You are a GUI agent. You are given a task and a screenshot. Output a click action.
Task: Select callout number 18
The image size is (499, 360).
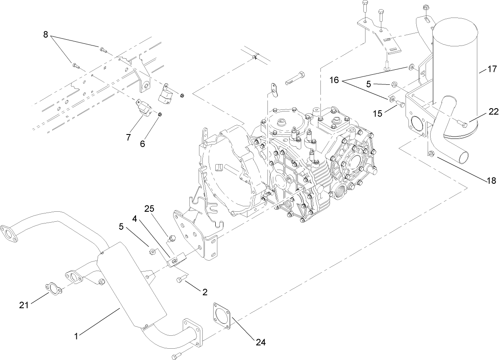(x=491, y=180)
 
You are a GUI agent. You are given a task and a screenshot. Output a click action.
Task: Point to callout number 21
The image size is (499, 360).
(x=24, y=305)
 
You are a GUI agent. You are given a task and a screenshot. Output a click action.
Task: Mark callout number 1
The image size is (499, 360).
(x=76, y=335)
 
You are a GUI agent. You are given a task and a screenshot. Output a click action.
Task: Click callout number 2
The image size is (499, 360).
(x=205, y=292)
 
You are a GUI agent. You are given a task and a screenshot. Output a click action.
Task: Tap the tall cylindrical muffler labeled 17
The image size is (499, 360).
(x=455, y=71)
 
